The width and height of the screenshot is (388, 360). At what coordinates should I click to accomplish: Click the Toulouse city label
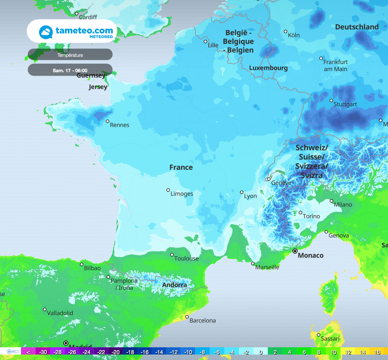click(x=186, y=258)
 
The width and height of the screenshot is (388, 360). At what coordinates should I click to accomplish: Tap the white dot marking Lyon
click(x=241, y=192)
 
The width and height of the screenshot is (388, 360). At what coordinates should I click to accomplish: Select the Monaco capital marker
click(x=295, y=251)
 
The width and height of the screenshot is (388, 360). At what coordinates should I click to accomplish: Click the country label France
click(x=181, y=167)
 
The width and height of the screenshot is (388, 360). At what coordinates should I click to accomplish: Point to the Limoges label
click(x=182, y=194)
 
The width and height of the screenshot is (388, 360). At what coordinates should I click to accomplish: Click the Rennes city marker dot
click(x=107, y=121)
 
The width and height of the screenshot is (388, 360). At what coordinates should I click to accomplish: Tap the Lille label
click(x=213, y=45)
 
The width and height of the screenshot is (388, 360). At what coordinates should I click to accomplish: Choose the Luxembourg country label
click(x=268, y=68)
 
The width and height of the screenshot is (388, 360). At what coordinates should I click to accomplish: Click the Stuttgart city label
click(x=345, y=104)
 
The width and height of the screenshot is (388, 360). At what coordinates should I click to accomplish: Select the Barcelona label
click(x=202, y=321)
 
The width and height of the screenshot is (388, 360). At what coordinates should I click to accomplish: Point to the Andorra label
click(x=174, y=285)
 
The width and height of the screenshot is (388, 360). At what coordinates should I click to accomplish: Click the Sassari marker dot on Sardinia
click(x=318, y=335)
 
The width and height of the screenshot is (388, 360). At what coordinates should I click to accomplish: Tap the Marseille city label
click(x=267, y=267)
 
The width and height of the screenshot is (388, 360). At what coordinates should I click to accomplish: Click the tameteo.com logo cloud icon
click(x=46, y=32)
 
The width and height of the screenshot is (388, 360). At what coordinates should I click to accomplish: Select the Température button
click(x=70, y=55)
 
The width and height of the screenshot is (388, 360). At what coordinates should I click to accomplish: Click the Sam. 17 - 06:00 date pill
click(x=70, y=70)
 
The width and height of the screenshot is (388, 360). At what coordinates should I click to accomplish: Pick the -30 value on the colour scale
click(x=43, y=352)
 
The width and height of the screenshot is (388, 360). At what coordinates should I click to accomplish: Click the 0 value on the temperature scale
click(x=260, y=352)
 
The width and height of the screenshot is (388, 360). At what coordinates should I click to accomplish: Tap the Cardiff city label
click(x=88, y=17)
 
